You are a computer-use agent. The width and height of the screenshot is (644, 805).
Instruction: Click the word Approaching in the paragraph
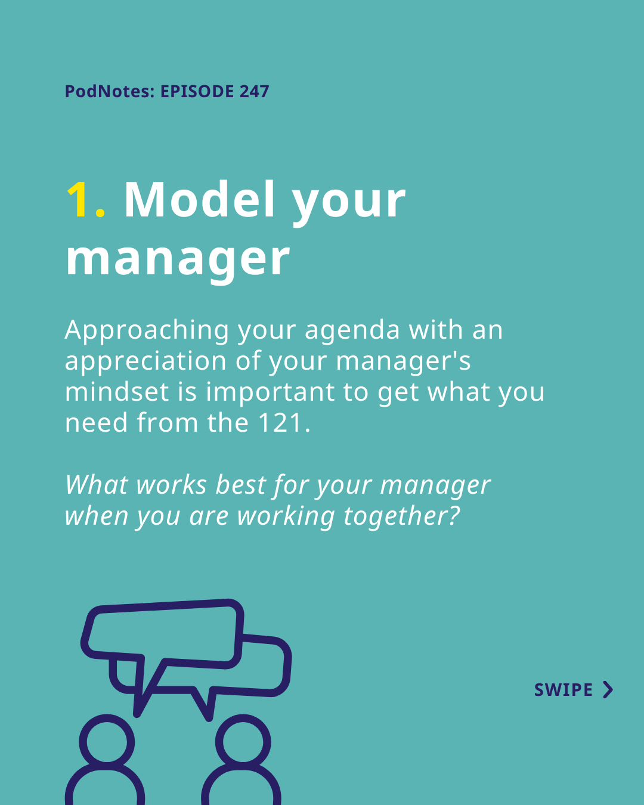[x=147, y=331]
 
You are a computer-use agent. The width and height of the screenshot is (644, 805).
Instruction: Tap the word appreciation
[x=145, y=361]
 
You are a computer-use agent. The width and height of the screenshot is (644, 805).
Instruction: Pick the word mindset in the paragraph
[x=117, y=391]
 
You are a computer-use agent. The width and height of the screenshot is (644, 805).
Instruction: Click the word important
[x=270, y=392]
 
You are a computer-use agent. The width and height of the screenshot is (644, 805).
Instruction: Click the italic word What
[x=97, y=485]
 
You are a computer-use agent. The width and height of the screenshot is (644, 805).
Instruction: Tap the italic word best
[x=241, y=485]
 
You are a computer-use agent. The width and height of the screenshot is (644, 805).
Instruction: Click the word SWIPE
[x=563, y=690]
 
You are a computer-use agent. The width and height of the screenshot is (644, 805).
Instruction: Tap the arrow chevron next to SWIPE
[x=609, y=690]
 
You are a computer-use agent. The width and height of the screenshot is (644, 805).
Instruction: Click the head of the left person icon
[x=107, y=742]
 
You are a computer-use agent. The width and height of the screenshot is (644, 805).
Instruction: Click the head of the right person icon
[x=243, y=742]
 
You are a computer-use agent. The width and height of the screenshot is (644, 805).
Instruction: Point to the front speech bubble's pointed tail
[x=137, y=714]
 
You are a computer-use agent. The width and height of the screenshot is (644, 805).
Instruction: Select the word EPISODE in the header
[x=197, y=91]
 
